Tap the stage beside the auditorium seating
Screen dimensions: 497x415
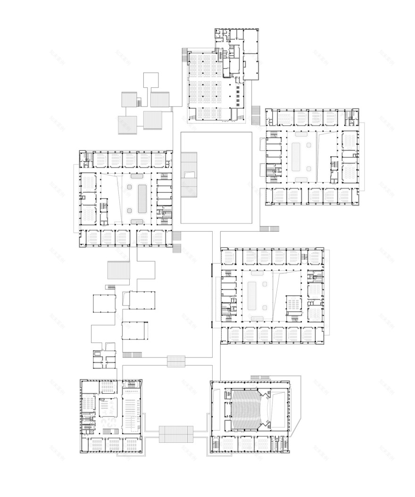(276, 408)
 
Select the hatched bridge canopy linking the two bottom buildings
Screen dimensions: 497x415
(176, 434)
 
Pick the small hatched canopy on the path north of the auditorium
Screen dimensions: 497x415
(176, 361)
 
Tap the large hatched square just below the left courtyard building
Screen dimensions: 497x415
(118, 270)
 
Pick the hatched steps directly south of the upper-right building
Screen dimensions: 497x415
(269, 229)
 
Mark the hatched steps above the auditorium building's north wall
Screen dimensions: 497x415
(260, 376)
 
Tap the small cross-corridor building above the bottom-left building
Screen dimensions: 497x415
(104, 359)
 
